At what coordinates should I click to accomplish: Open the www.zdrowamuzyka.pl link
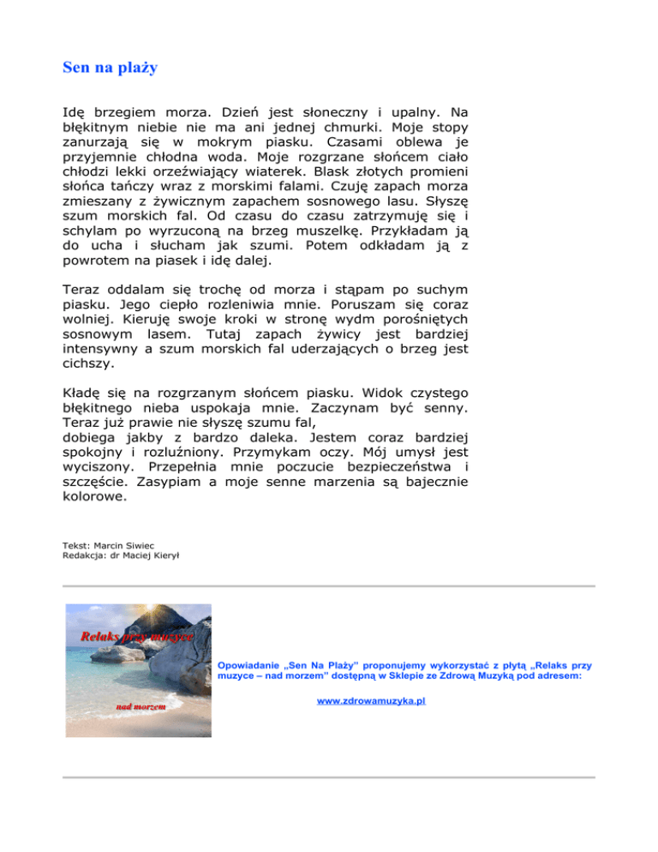[x=372, y=700]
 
